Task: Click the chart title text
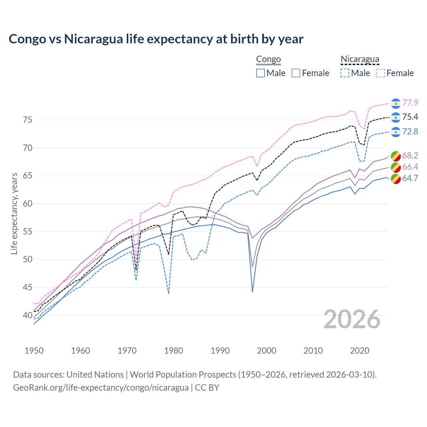coord(156,39)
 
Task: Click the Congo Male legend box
coord(261,73)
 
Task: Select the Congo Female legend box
coord(296,73)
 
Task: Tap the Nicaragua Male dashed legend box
coord(345,73)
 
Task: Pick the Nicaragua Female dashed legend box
coord(381,73)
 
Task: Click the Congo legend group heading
coord(268,59)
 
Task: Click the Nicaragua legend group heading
coord(360,59)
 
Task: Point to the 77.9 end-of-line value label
coord(410,103)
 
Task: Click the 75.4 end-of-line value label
coord(410,117)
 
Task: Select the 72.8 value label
coord(410,132)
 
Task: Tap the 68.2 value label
coord(410,156)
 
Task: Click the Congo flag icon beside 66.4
coord(396,167)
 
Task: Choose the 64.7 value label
coord(410,178)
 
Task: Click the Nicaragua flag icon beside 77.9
coord(396,103)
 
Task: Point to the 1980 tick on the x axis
coord(174,351)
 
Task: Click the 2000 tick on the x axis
coord(267,351)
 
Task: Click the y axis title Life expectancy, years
coord(14,213)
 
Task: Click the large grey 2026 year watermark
coord(352,319)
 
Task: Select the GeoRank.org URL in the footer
coord(101,388)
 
